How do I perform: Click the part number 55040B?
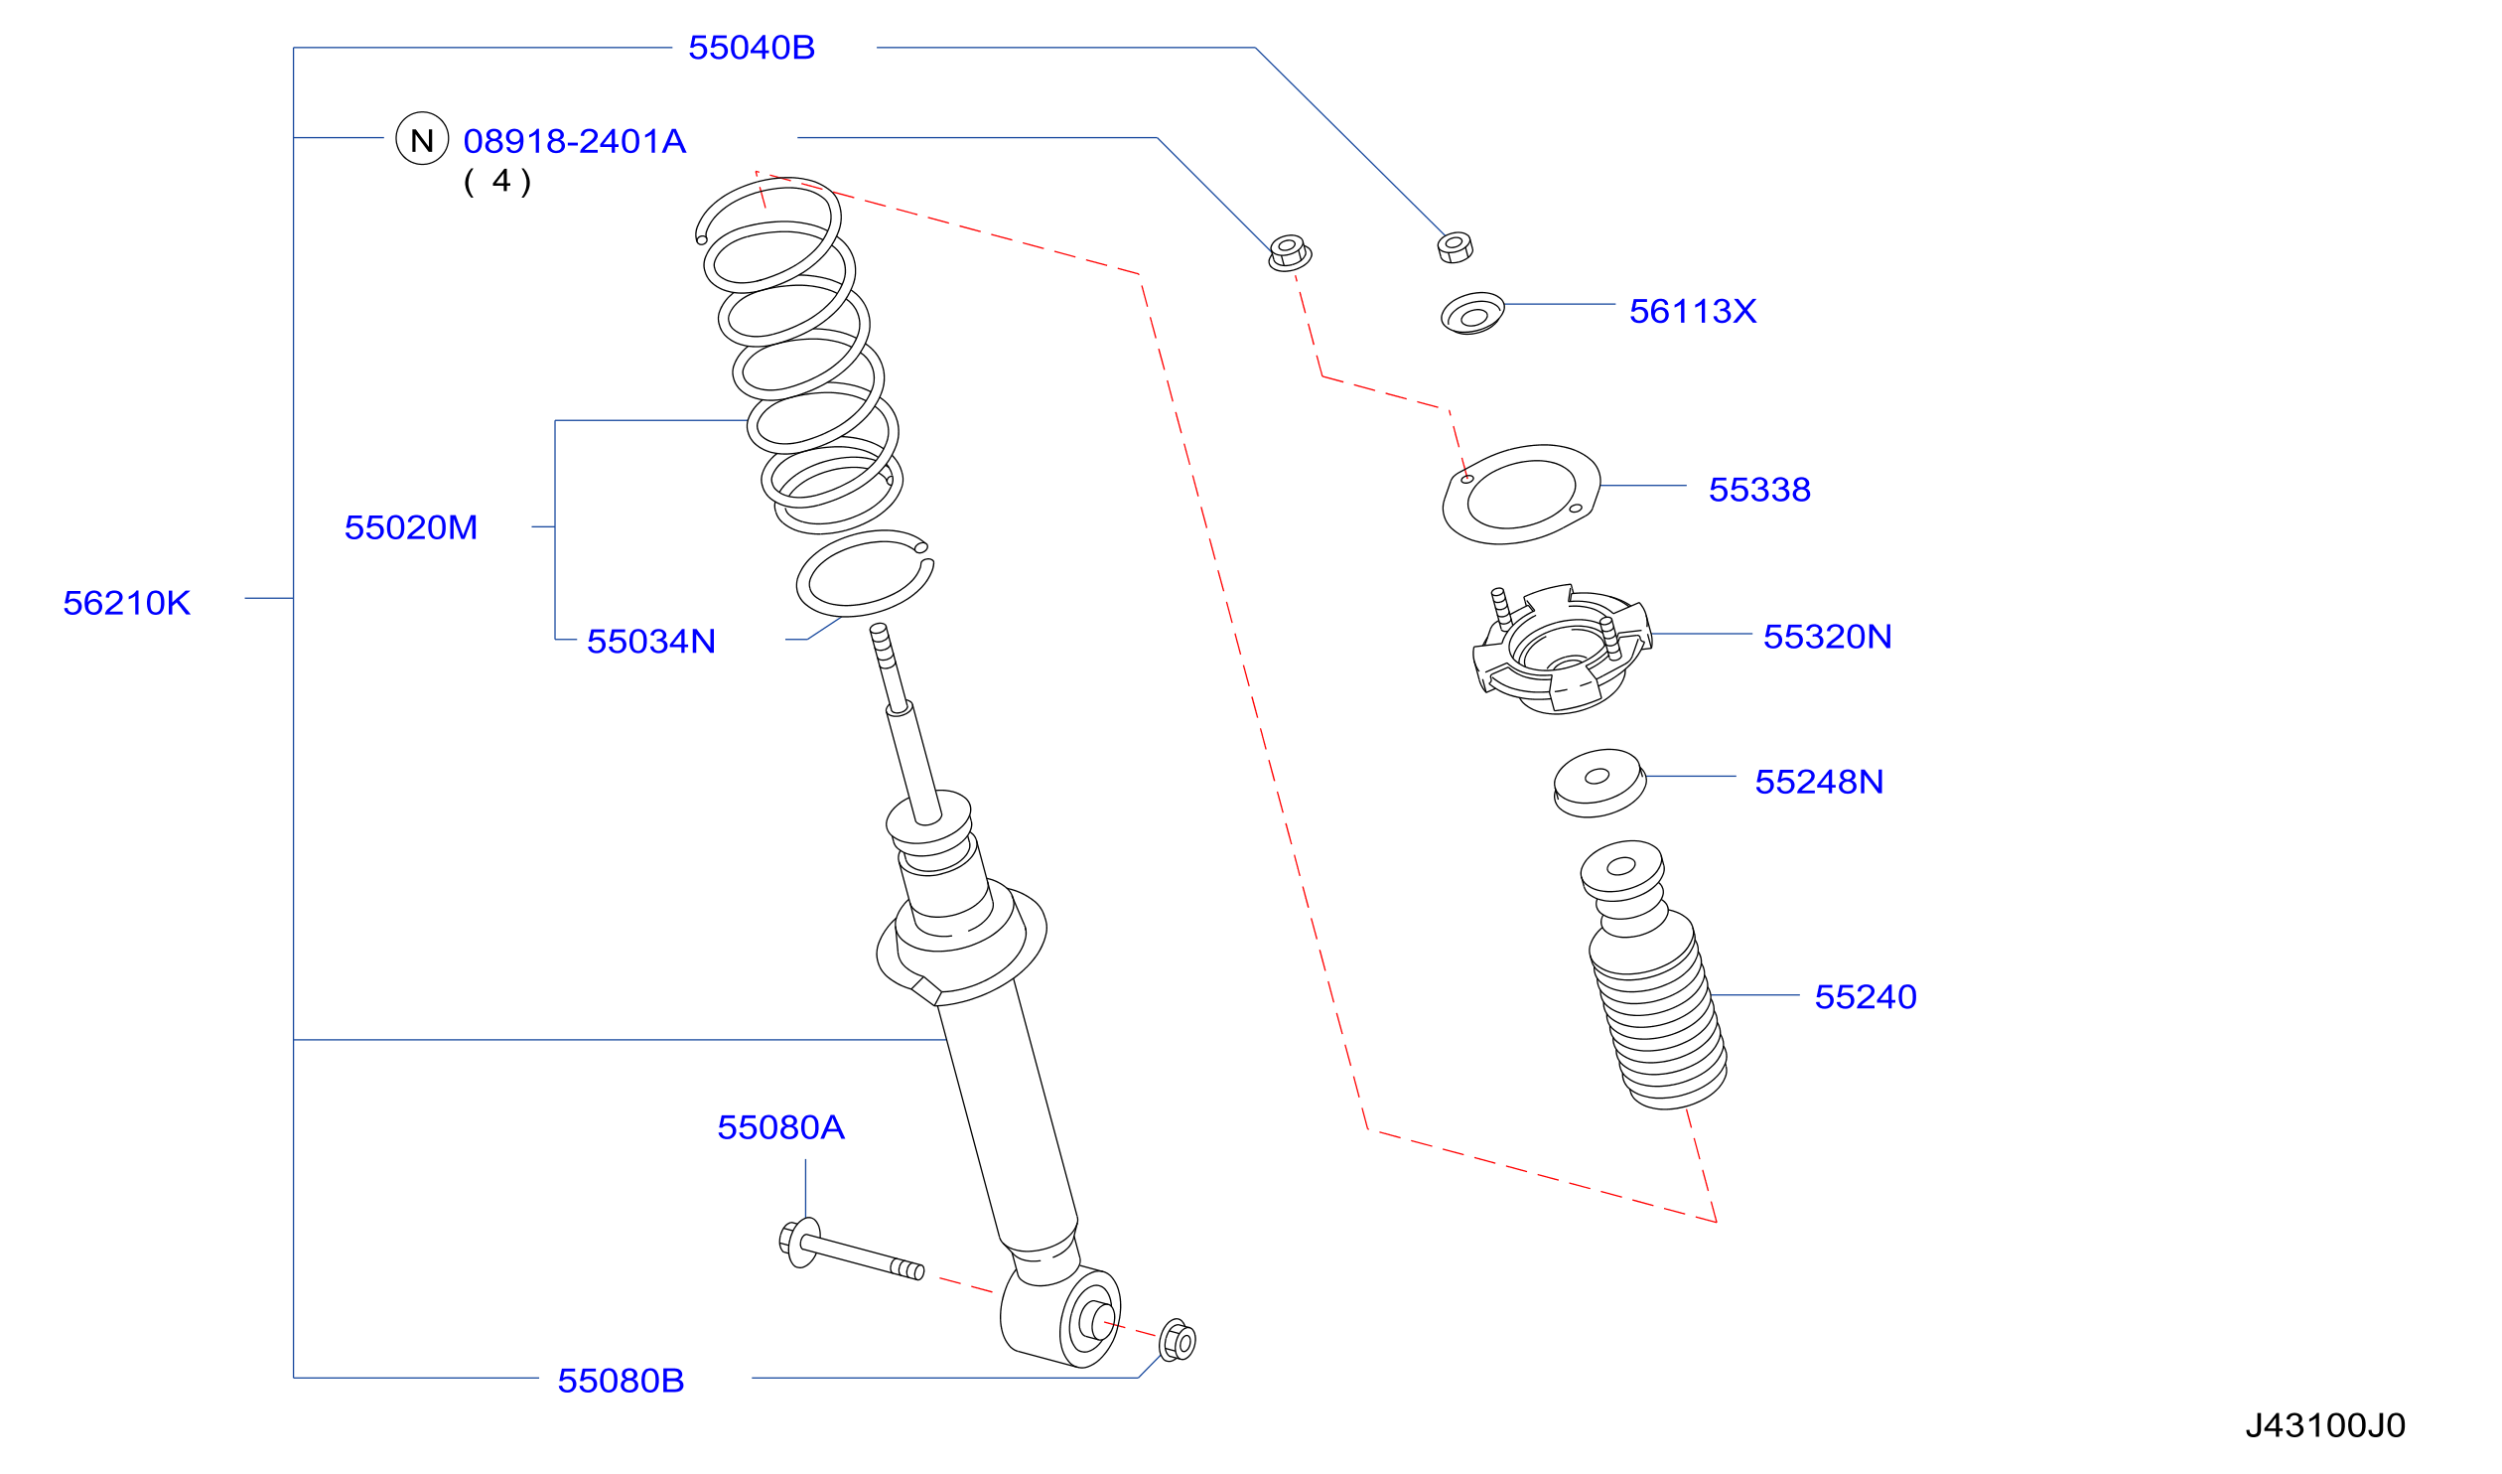752,48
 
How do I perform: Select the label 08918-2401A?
575,141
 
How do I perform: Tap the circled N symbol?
422,138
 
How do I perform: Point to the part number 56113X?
1693,311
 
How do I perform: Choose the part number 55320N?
1827,637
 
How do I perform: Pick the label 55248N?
1819,782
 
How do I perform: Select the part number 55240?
1866,997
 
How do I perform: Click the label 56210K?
127,603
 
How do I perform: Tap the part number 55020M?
411,527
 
